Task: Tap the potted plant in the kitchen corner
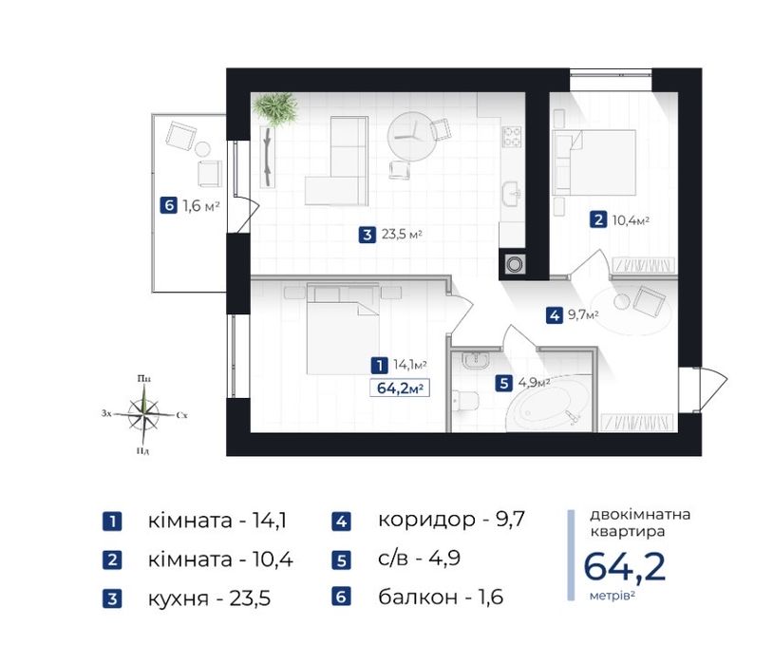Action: coord(276,108)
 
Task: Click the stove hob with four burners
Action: coord(513,137)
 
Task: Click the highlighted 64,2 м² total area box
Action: coord(399,387)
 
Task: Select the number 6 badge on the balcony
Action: coord(168,205)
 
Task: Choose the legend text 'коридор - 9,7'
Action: coord(451,520)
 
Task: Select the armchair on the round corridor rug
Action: coord(650,302)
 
